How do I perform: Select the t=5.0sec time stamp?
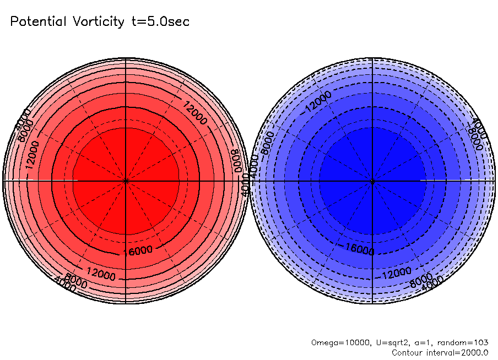(160, 22)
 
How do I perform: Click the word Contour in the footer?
(408, 352)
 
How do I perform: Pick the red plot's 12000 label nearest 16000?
(101, 275)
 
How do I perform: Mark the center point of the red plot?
(126, 181)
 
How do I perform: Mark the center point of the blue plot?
(373, 181)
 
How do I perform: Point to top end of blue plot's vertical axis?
(373, 58)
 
